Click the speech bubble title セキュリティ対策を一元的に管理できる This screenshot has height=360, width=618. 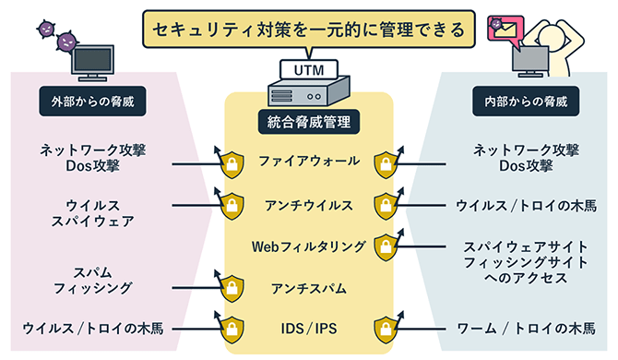point(308,30)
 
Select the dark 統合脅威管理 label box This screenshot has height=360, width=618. point(308,121)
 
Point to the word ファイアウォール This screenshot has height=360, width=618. point(308,162)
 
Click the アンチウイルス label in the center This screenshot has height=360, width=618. point(308,204)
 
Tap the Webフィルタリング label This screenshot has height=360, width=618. point(308,246)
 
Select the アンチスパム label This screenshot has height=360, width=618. point(308,288)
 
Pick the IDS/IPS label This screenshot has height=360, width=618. point(308,328)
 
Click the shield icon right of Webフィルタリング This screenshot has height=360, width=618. point(384,247)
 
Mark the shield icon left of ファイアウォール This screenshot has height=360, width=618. point(232,163)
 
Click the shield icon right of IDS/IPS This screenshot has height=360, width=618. point(384,329)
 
